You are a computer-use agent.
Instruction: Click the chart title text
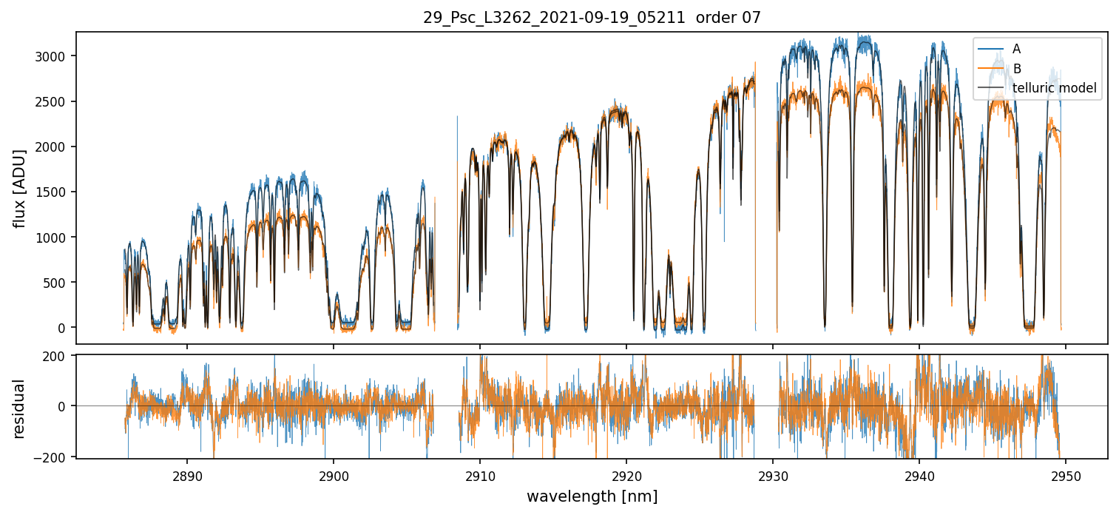pos(592,18)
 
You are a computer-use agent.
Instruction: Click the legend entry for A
pos(1017,49)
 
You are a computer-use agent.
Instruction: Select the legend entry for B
pos(1017,69)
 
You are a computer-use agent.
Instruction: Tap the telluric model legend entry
pos(1054,89)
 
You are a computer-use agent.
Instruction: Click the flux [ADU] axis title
pos(19,188)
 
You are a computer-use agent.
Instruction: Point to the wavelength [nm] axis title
pos(592,496)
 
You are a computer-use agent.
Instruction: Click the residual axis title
pos(19,408)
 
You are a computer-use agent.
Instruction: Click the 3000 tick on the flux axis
pos(55,56)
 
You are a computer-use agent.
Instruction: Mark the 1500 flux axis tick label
pos(55,192)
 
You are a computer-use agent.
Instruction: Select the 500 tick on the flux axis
pos(59,283)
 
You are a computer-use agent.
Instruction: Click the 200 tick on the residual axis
pos(59,355)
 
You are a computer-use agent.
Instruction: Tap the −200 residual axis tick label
pos(56,457)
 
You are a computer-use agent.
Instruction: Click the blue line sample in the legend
pos(990,49)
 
